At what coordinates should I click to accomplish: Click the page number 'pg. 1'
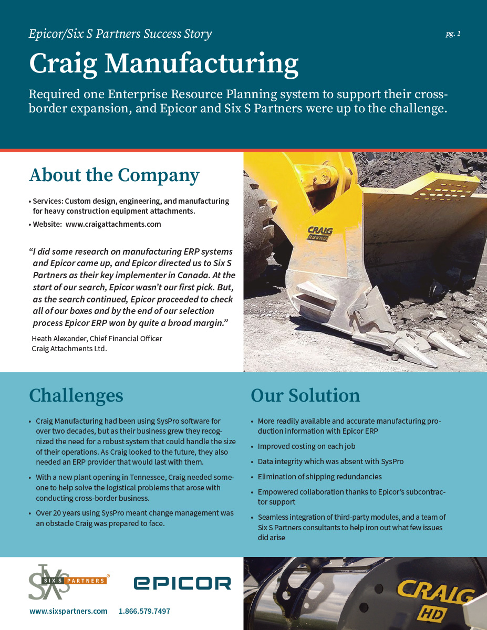tap(453, 34)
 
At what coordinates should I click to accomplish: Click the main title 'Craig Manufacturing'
tap(163, 63)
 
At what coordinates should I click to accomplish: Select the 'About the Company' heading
tap(114, 175)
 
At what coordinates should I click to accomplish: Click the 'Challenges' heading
tap(76, 395)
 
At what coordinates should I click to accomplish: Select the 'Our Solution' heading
tap(305, 395)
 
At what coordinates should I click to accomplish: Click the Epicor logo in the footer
tap(182, 583)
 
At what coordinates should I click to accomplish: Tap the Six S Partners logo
tap(68, 582)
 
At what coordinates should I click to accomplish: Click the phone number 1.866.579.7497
tap(144, 611)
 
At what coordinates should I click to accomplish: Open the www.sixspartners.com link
tap(68, 611)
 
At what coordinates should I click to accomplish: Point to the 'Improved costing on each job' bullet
tap(306, 446)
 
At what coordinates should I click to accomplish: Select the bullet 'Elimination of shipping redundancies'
tap(319, 477)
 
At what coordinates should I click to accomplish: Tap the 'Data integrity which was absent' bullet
tap(330, 461)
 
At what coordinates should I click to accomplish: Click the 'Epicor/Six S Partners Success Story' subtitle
tap(120, 35)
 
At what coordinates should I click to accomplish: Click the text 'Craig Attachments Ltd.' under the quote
tap(69, 349)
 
